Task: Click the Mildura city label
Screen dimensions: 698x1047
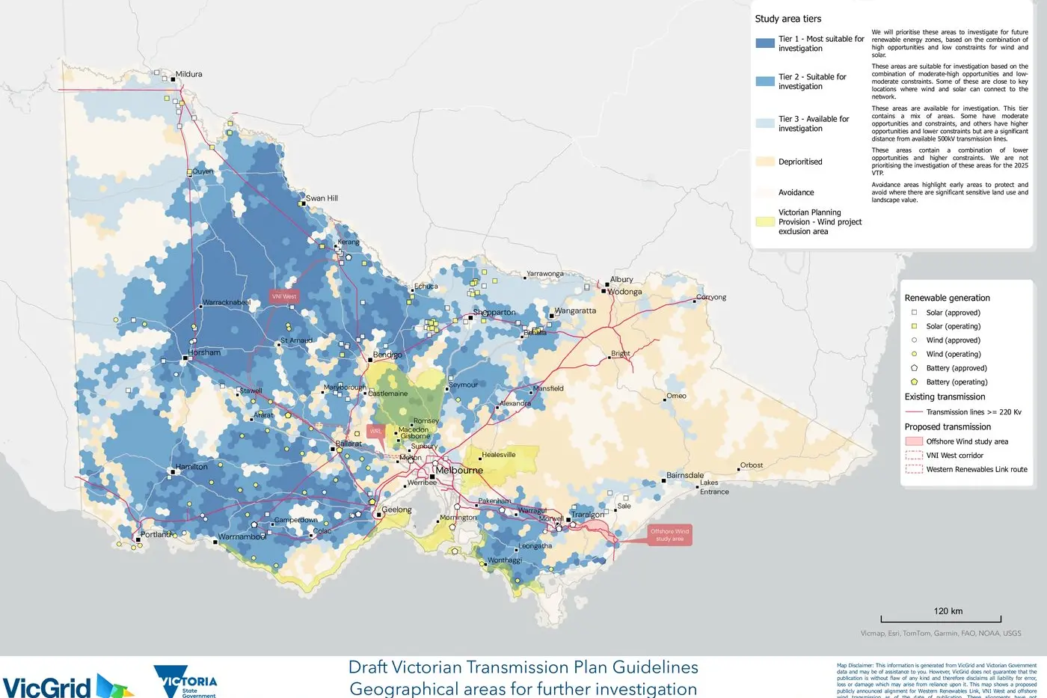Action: (188, 74)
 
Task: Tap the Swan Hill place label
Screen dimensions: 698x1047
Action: (322, 198)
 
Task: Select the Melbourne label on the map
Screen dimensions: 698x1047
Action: (459, 471)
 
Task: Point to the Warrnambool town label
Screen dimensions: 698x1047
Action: (242, 537)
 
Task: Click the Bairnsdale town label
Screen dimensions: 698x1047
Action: (685, 475)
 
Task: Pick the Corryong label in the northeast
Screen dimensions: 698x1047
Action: (711, 297)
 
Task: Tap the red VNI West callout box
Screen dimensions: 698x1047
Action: (284, 296)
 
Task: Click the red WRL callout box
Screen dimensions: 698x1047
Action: (375, 432)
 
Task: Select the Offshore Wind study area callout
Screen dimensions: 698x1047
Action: (669, 534)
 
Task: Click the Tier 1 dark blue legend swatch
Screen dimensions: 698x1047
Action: (765, 43)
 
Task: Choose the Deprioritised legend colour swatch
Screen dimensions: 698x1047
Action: (765, 162)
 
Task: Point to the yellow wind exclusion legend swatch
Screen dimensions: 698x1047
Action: (765, 222)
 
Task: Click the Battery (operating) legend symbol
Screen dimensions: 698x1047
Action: (914, 382)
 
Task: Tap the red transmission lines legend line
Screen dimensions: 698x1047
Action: (914, 412)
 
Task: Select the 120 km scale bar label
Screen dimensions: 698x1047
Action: (948, 611)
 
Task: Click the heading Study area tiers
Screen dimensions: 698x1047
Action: (787, 19)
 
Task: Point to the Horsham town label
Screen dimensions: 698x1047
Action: (204, 352)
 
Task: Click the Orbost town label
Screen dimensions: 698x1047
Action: (751, 465)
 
